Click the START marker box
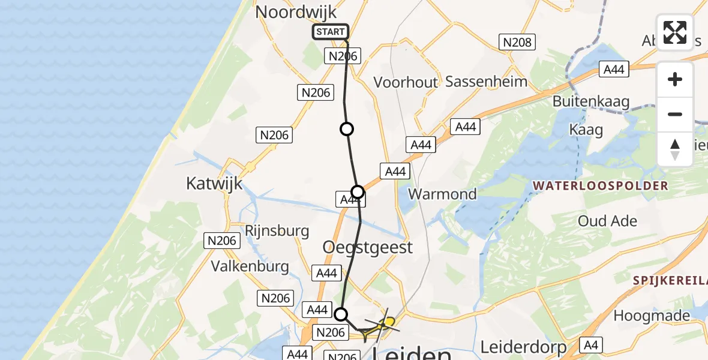pos(330,32)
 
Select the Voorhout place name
pos(406,82)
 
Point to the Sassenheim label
pos(487,82)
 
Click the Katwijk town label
pos(214,183)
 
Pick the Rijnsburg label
pos(277,230)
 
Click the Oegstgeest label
pos(368,247)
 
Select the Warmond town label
pos(442,194)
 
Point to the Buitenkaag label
pos(591,101)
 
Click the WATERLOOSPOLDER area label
pos(600,186)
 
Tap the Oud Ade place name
pos(607,221)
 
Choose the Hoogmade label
pos(650,316)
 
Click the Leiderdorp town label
pos(524,347)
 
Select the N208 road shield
pos(517,42)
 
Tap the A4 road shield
pos(591,344)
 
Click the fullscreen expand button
pos(675,32)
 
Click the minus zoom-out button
pos(675,114)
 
